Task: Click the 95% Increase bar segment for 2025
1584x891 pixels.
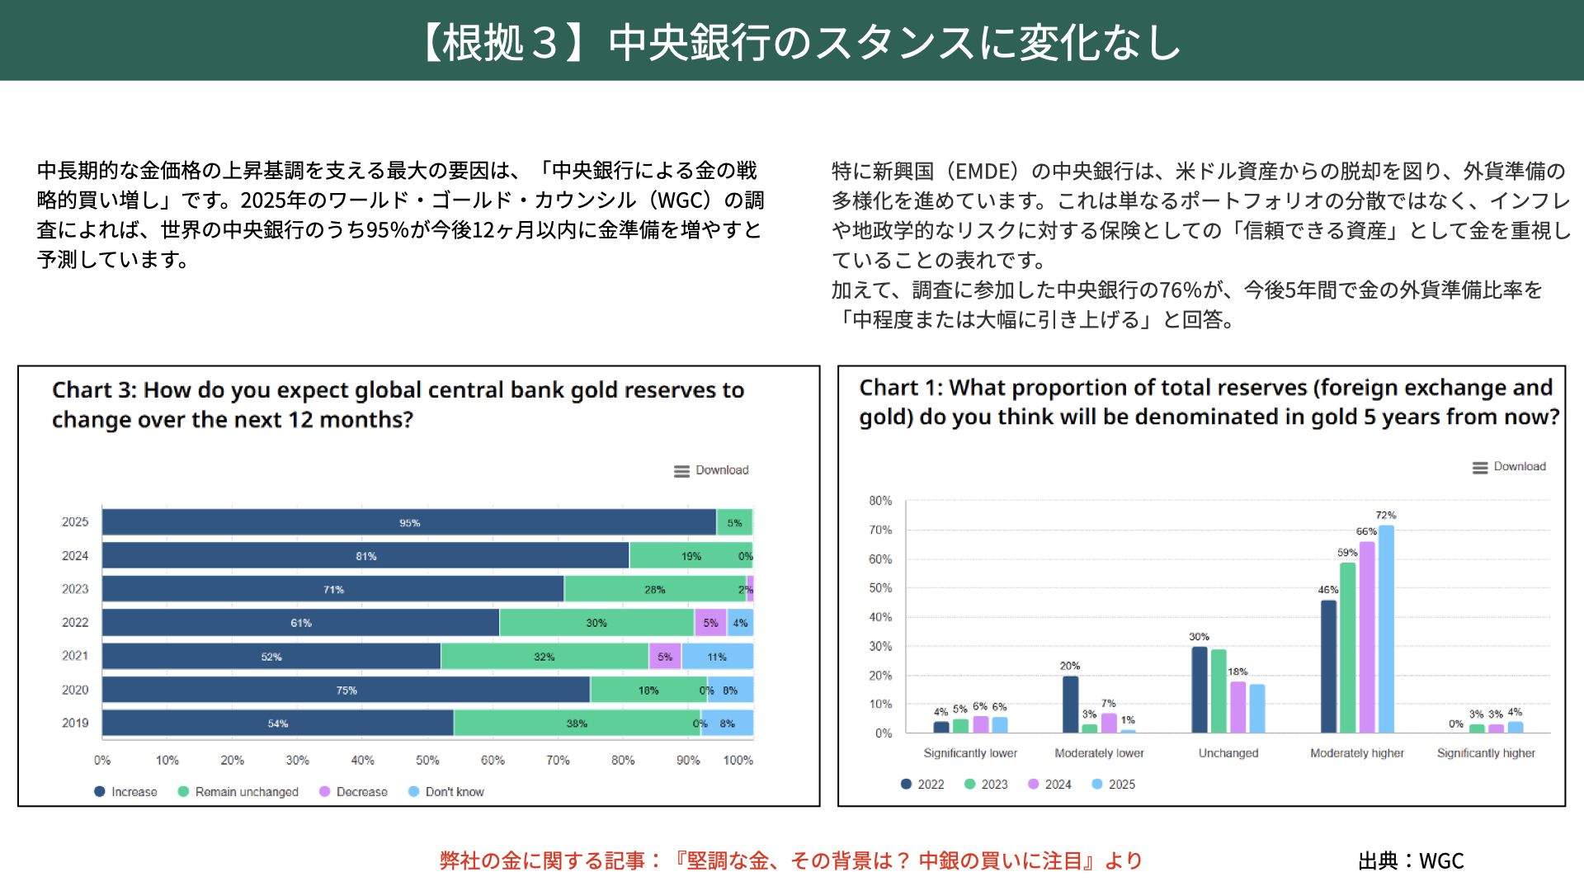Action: (409, 522)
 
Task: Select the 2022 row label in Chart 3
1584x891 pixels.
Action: (75, 622)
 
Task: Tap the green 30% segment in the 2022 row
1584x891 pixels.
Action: (596, 623)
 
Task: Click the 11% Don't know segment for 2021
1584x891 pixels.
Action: (717, 657)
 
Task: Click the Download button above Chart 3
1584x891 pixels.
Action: (711, 470)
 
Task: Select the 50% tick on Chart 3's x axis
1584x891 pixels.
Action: (427, 760)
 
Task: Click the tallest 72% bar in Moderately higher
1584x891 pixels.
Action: (1386, 629)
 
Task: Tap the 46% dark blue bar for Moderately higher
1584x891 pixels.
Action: (1328, 666)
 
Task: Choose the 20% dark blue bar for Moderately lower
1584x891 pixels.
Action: (1070, 704)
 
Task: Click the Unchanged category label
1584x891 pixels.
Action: (1228, 752)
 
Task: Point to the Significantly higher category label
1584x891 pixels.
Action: (1486, 752)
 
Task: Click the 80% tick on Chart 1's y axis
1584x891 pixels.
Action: (880, 501)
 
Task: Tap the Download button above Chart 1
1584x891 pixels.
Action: (1510, 467)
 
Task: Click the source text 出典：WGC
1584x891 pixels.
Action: (1411, 860)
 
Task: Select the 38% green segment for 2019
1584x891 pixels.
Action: (577, 724)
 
